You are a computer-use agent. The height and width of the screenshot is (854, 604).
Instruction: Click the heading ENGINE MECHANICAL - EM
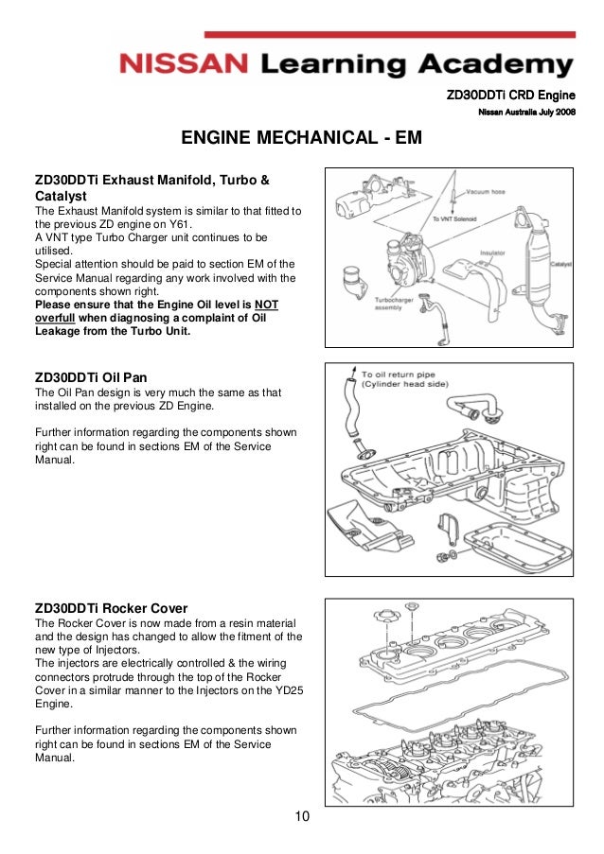301,140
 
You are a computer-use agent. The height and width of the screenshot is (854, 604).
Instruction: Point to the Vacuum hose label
489,189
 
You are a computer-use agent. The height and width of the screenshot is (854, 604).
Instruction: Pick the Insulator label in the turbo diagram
491,253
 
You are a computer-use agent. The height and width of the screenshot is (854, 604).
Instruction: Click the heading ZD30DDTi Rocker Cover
111,608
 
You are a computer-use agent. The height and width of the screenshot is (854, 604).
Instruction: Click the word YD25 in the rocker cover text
280,690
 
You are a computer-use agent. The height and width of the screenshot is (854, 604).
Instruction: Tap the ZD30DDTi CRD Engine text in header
511,96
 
